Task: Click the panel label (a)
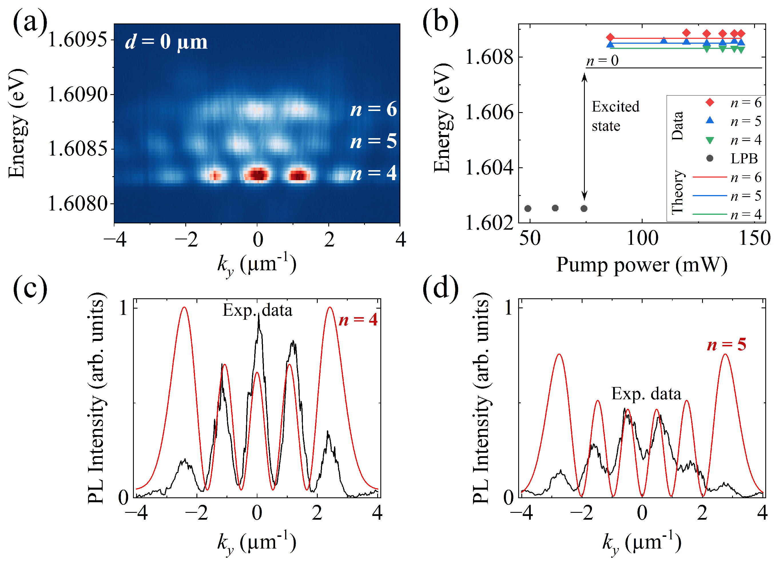(30, 22)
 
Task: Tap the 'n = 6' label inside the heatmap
(373, 109)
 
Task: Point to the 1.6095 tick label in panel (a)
(77, 39)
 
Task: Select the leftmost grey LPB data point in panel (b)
(528, 208)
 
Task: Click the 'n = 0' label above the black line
(602, 61)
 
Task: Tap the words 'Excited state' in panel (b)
(615, 116)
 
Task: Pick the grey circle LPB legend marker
(710, 158)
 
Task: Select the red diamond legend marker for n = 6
(710, 102)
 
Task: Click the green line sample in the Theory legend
(710, 214)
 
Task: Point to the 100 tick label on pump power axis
(642, 238)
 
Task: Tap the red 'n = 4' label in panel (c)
(358, 320)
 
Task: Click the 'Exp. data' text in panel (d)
(646, 394)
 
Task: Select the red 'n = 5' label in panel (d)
(727, 344)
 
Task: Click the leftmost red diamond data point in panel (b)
(610, 37)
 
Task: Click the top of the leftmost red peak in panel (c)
(184, 307)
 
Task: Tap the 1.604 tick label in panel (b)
(489, 168)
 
